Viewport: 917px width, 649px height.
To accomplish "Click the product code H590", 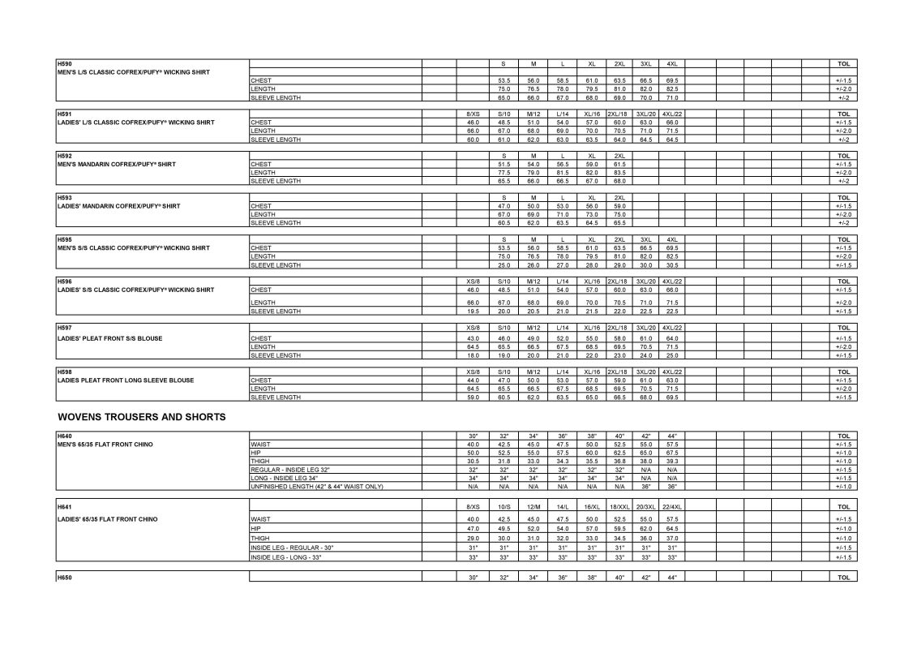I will coord(64,63).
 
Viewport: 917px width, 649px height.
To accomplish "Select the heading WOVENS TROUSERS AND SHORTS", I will coord(141,417).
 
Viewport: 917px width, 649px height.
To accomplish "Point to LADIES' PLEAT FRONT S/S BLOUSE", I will coord(111,338).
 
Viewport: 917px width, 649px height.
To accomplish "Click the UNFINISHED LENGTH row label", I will coord(317,486).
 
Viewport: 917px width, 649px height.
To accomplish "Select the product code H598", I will coord(64,372).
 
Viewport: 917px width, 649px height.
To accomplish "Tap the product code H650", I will coord(64,578).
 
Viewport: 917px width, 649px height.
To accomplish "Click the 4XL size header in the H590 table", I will coord(672,63).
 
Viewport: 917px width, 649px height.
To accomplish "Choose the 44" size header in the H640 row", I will coord(672,436).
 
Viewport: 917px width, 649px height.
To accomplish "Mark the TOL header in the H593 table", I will coord(843,197).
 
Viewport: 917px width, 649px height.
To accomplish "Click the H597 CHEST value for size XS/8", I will coord(473,338).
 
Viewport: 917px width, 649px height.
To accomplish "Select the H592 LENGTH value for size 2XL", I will coord(619,172).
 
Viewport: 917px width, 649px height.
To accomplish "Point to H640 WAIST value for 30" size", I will coord(473,445).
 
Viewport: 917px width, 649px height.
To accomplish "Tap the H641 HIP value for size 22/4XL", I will coord(672,528).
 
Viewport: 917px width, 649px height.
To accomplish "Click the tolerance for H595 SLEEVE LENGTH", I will coord(843,265).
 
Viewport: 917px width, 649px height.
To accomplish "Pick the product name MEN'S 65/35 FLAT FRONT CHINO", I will coord(105,445).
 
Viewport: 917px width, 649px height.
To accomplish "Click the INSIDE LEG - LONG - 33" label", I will coord(292,557).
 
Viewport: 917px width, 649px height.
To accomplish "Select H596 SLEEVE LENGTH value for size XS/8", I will coord(473,311).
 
